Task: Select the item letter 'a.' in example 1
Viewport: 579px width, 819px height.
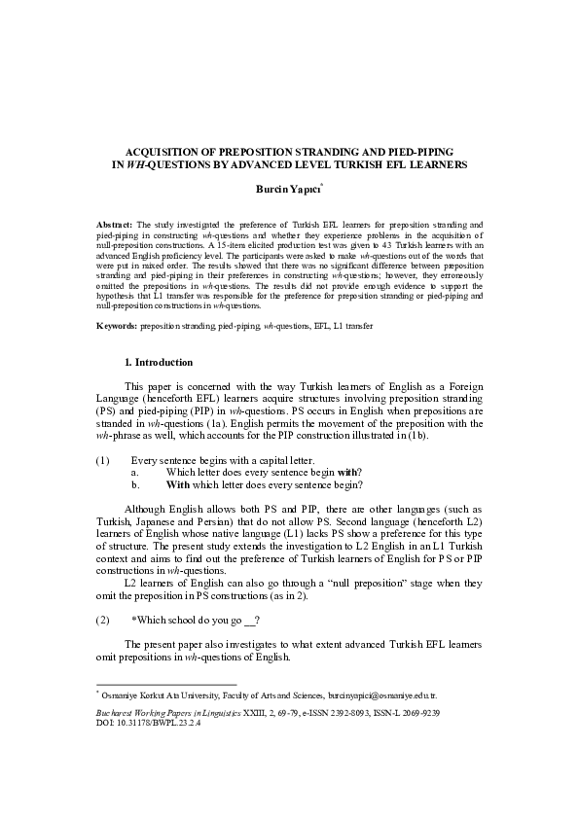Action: click(135, 472)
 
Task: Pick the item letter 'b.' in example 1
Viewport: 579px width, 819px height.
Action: click(135, 484)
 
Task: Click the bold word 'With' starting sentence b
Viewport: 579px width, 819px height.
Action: click(177, 484)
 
